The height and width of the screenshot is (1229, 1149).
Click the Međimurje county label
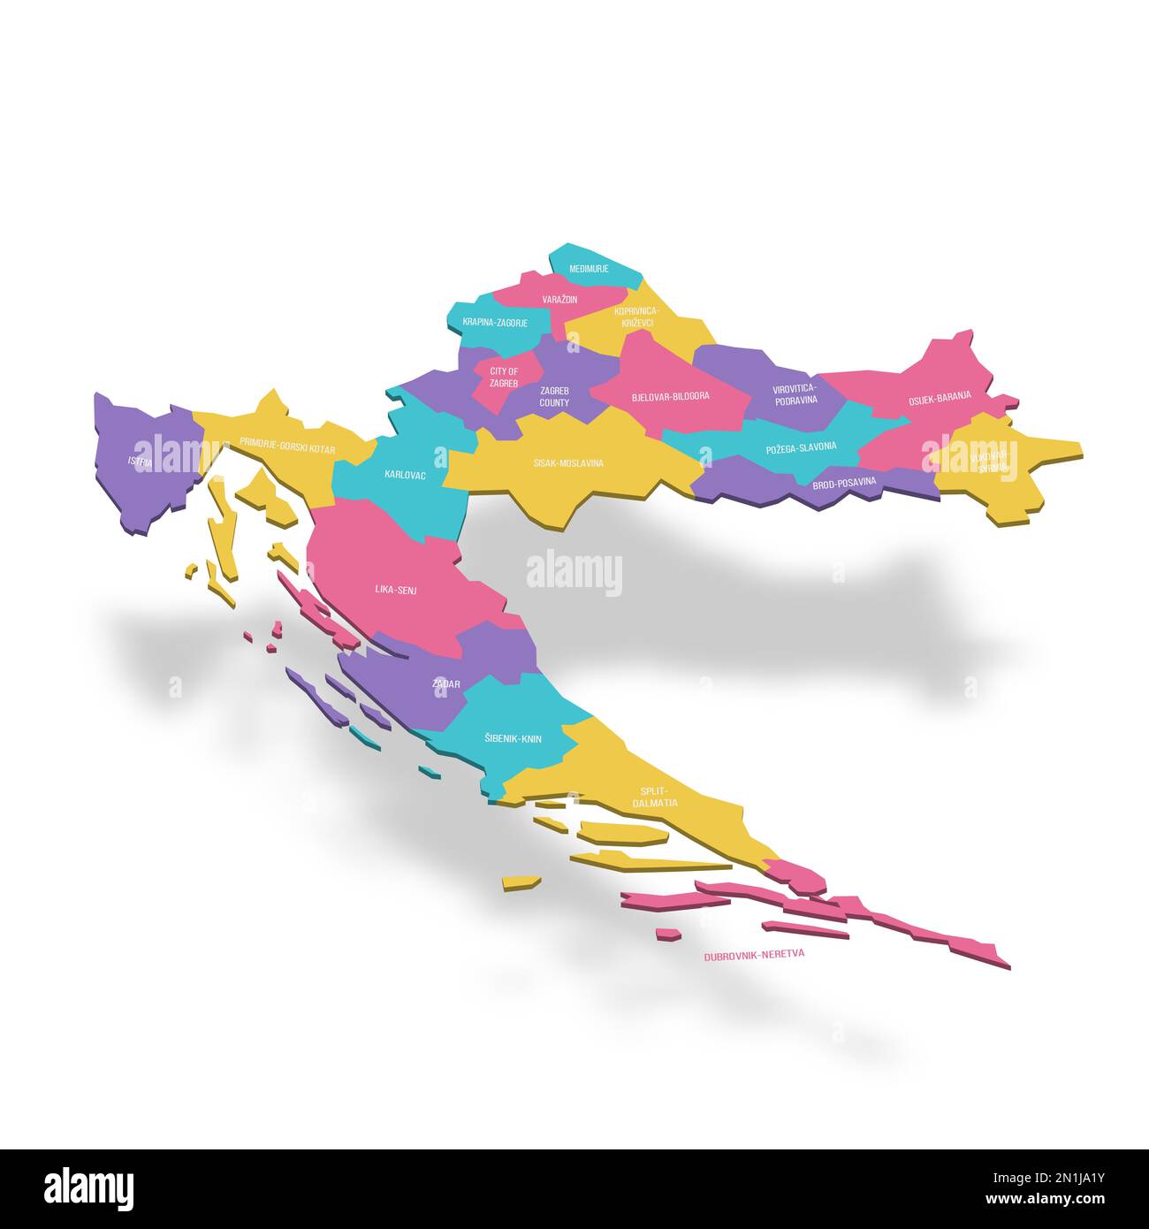[589, 268]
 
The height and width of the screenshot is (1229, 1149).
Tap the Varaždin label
[559, 300]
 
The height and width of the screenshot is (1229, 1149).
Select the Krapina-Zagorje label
[495, 323]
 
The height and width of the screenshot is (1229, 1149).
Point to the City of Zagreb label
[504, 378]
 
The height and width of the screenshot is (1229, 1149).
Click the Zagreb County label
[554, 396]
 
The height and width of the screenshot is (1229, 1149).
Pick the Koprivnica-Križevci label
[636, 317]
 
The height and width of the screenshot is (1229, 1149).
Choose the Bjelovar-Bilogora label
[670, 396]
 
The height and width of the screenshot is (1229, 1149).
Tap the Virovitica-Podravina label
[795, 394]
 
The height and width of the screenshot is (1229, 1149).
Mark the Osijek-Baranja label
[940, 399]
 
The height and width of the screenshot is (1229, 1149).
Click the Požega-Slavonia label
[801, 447]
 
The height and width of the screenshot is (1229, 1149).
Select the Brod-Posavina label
[844, 482]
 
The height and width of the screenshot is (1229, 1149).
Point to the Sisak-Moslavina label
[568, 462]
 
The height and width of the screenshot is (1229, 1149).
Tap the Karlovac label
[405, 475]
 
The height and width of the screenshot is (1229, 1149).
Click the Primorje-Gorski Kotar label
[287, 448]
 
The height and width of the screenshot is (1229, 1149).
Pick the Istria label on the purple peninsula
[140, 462]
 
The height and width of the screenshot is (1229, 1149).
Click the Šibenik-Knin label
[513, 738]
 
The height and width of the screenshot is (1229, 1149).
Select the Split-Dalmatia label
[655, 797]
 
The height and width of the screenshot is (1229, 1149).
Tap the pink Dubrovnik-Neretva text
[754, 956]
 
